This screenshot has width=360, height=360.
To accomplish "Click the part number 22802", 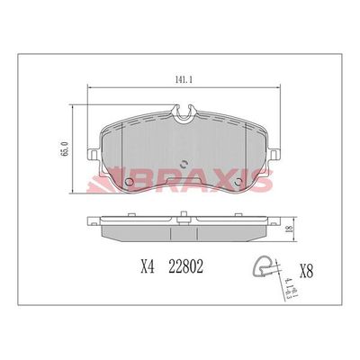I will click(x=185, y=267).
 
